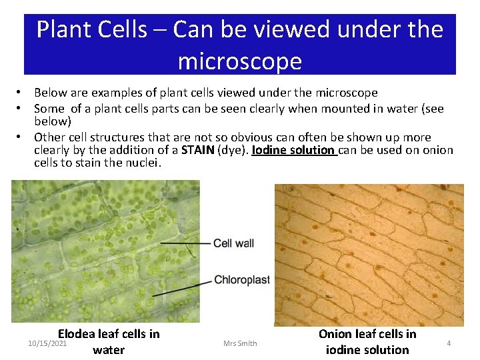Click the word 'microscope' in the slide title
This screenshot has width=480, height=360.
click(x=239, y=61)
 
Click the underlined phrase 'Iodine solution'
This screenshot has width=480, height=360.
click(x=294, y=150)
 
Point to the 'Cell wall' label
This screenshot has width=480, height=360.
click(x=233, y=243)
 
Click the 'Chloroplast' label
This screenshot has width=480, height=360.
click(x=242, y=280)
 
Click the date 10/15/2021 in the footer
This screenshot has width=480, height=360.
click(x=47, y=343)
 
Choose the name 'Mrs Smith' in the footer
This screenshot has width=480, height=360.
click(x=240, y=343)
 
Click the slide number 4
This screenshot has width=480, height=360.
click(x=449, y=343)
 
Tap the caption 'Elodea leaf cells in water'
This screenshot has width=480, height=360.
click(x=109, y=341)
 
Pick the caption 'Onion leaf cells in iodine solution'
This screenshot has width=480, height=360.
click(x=367, y=341)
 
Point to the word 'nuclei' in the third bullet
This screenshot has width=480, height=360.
click(x=143, y=163)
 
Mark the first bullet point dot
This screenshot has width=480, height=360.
click(x=21, y=93)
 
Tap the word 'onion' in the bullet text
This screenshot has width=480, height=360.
click(x=437, y=150)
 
